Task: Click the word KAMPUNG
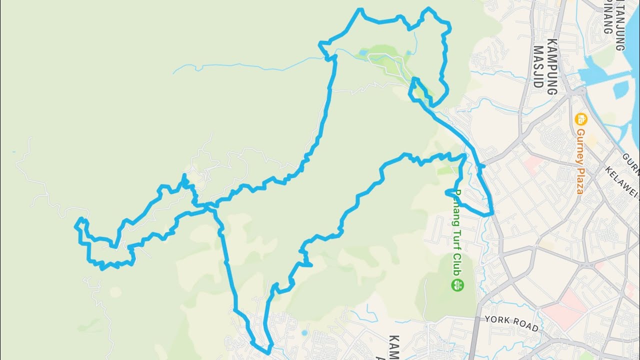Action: [x=552, y=66]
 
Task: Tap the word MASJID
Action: [x=538, y=66]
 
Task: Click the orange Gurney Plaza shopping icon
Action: [x=580, y=119]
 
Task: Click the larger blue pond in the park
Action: [x=362, y=51]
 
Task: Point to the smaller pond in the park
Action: [x=408, y=52]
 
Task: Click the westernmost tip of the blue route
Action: [x=76, y=226]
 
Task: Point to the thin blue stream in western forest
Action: [x=240, y=64]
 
